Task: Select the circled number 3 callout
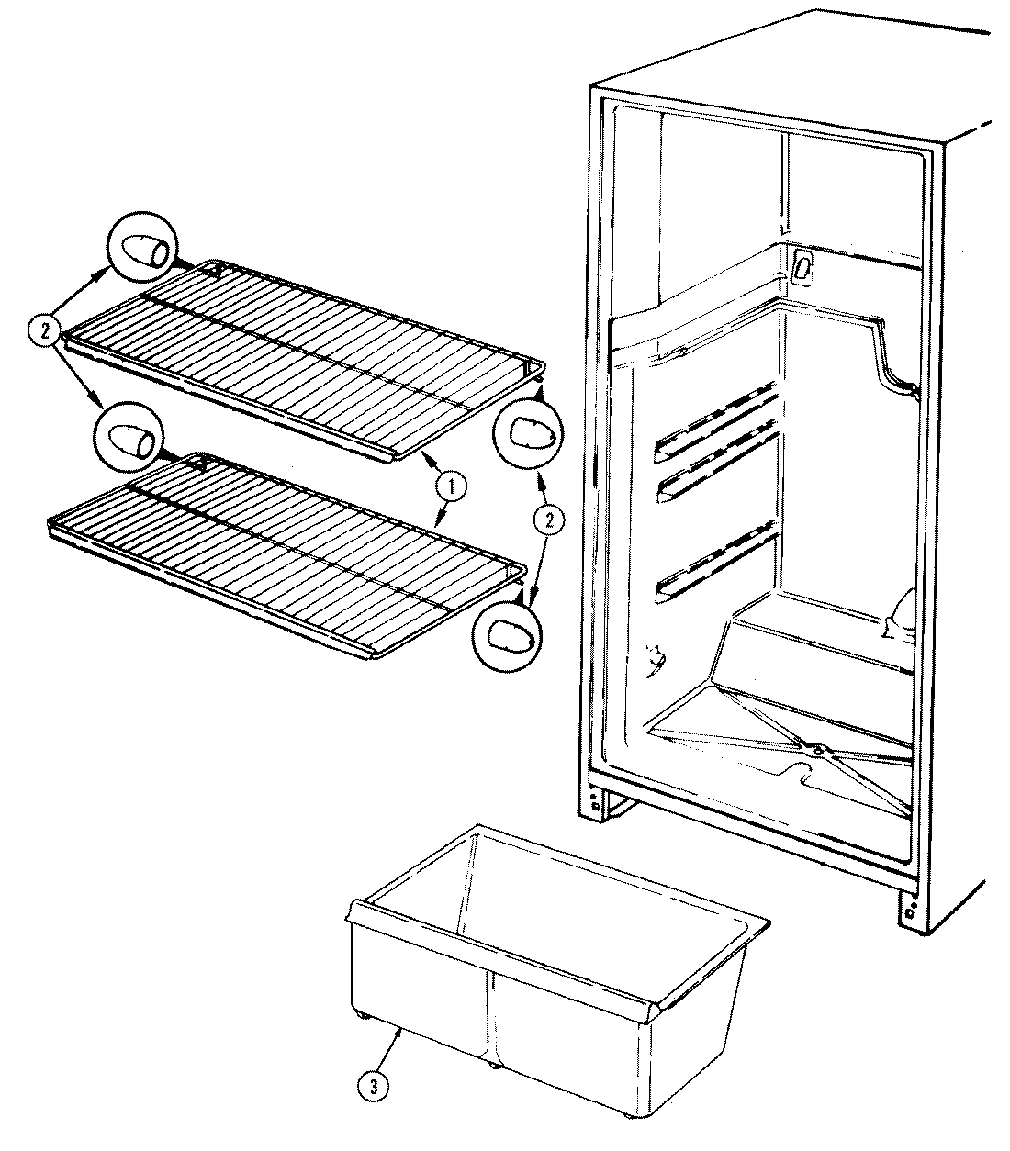click(372, 1086)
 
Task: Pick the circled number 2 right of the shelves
click(548, 520)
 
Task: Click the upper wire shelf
click(303, 349)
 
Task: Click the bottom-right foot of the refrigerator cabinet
click(910, 913)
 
